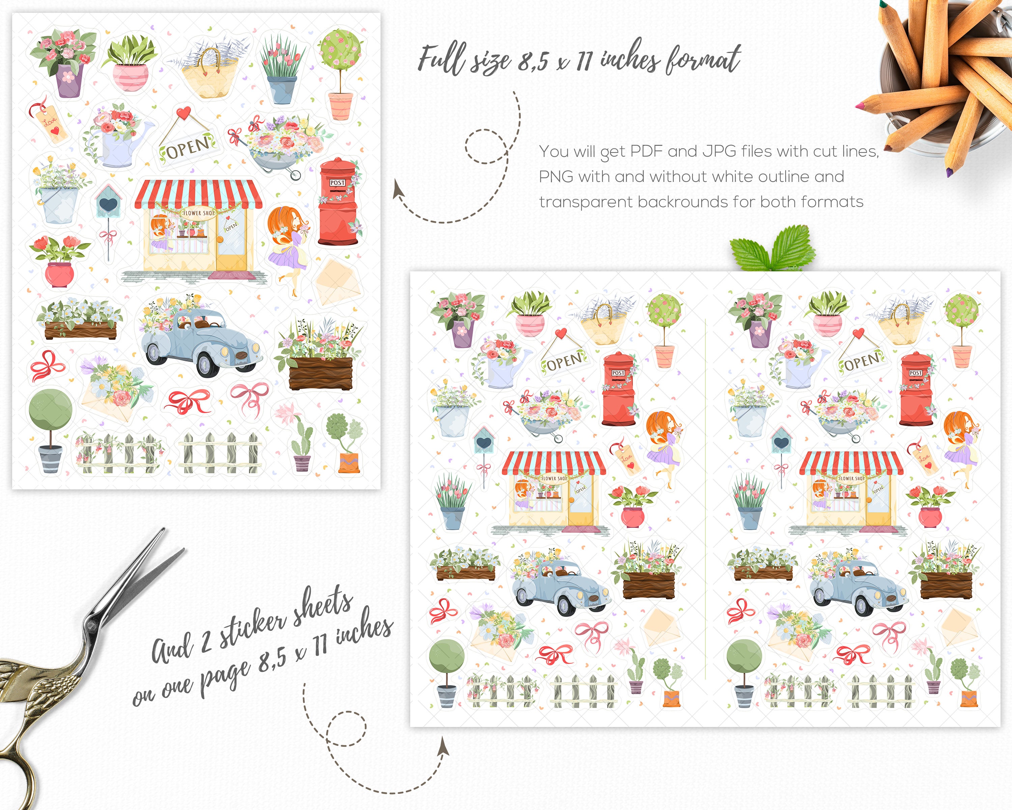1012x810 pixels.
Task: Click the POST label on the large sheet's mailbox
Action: click(x=337, y=182)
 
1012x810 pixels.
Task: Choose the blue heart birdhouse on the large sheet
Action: click(x=108, y=203)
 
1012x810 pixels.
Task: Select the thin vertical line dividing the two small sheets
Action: click(x=705, y=498)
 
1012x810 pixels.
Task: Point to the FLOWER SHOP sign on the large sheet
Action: click(x=198, y=213)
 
